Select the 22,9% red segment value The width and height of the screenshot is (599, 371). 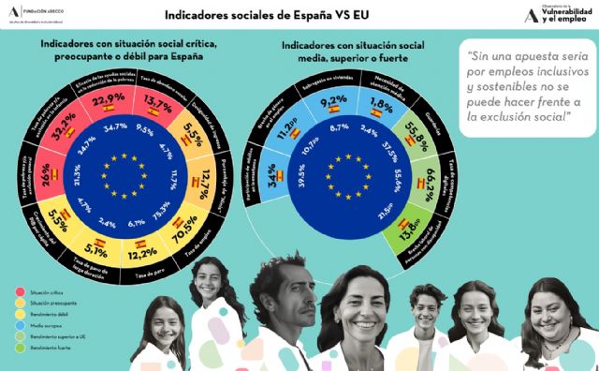108,100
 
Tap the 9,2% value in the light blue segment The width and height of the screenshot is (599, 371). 335,101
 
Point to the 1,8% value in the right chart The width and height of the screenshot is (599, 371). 381,103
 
